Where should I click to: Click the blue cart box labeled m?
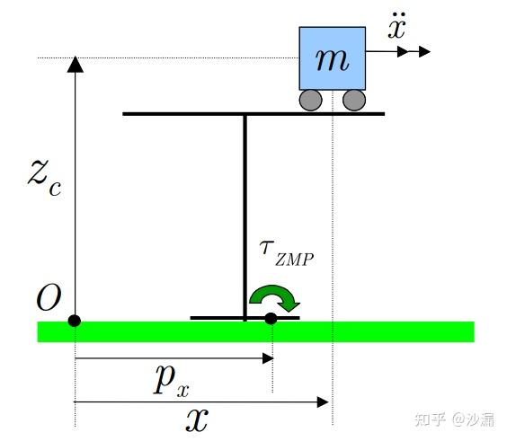pos(332,58)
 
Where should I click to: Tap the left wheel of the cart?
pos(311,99)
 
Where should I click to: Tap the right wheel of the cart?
pos(354,99)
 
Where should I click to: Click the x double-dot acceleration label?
pos(397,27)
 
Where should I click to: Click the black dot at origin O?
pos(75,320)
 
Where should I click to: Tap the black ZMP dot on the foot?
pos(271,318)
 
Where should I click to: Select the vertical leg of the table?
pos(245,216)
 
